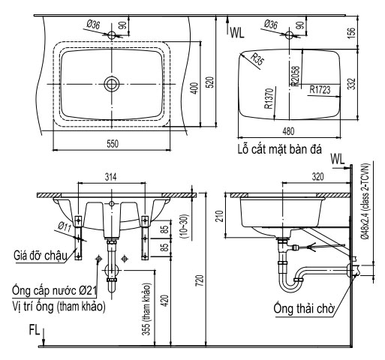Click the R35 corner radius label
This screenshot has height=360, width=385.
tap(257, 61)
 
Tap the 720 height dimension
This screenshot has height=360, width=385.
tap(199, 280)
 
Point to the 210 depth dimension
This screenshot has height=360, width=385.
tap(219, 217)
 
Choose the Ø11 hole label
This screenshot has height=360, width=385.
tap(66, 224)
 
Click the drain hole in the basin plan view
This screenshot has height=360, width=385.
tap(112, 82)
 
